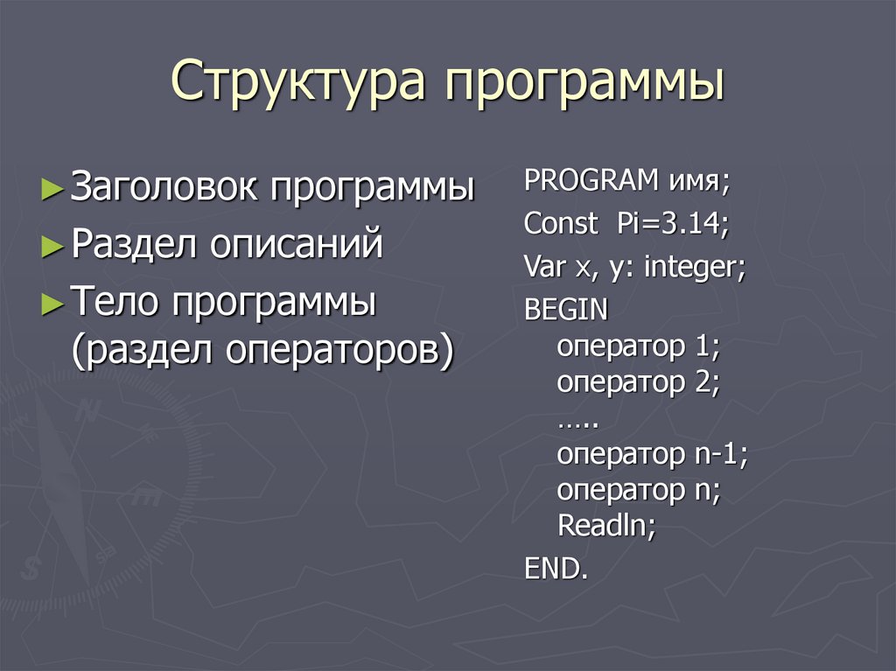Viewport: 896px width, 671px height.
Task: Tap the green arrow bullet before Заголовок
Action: tap(52, 189)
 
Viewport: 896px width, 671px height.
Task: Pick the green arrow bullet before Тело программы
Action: tap(52, 304)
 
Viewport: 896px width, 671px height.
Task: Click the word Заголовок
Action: tap(164, 187)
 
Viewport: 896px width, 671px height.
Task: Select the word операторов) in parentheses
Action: tap(340, 352)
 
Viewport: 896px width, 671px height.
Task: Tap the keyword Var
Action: tap(545, 267)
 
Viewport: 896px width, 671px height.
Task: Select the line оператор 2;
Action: tap(638, 383)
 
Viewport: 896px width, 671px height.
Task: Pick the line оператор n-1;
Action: tap(652, 455)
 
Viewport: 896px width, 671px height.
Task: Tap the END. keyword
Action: tap(556, 569)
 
